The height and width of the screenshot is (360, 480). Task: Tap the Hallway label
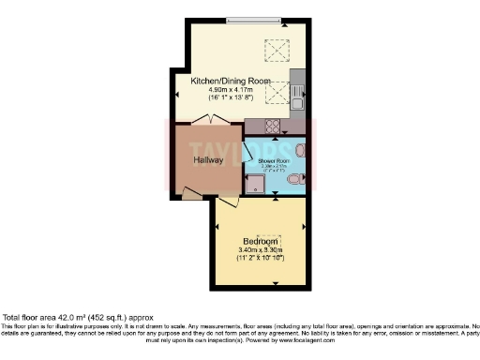tap(207, 160)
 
